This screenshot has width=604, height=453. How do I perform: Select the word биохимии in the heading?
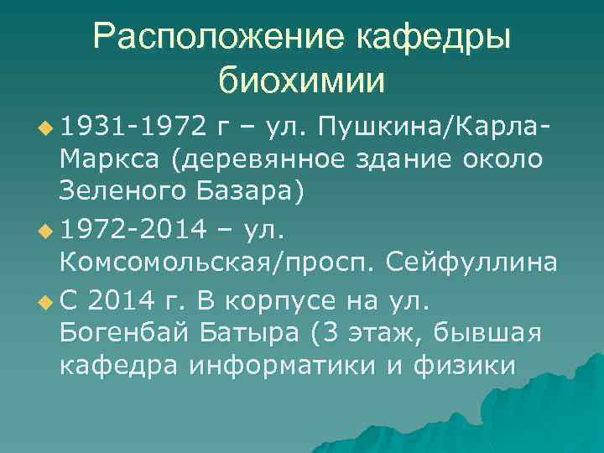coord(301,81)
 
